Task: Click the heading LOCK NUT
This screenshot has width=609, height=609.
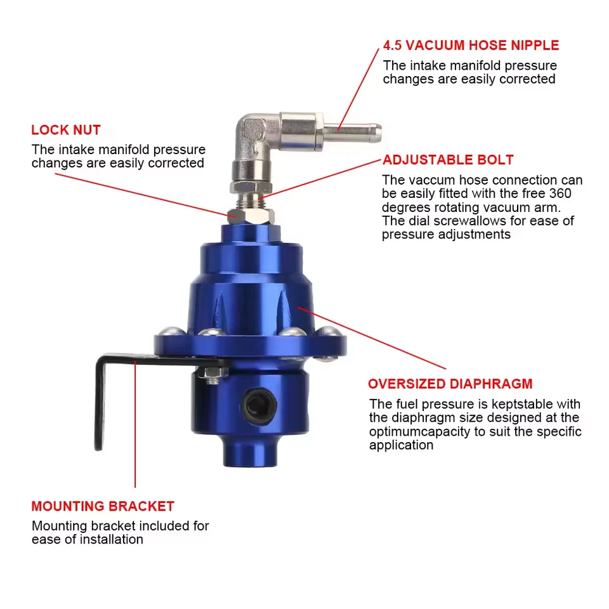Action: [66, 130]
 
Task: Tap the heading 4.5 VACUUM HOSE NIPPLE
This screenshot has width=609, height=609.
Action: [471, 46]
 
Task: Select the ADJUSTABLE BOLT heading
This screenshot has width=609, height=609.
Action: [447, 160]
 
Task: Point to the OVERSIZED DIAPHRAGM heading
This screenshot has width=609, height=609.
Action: [450, 384]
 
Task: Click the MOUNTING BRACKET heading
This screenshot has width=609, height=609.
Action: [103, 506]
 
